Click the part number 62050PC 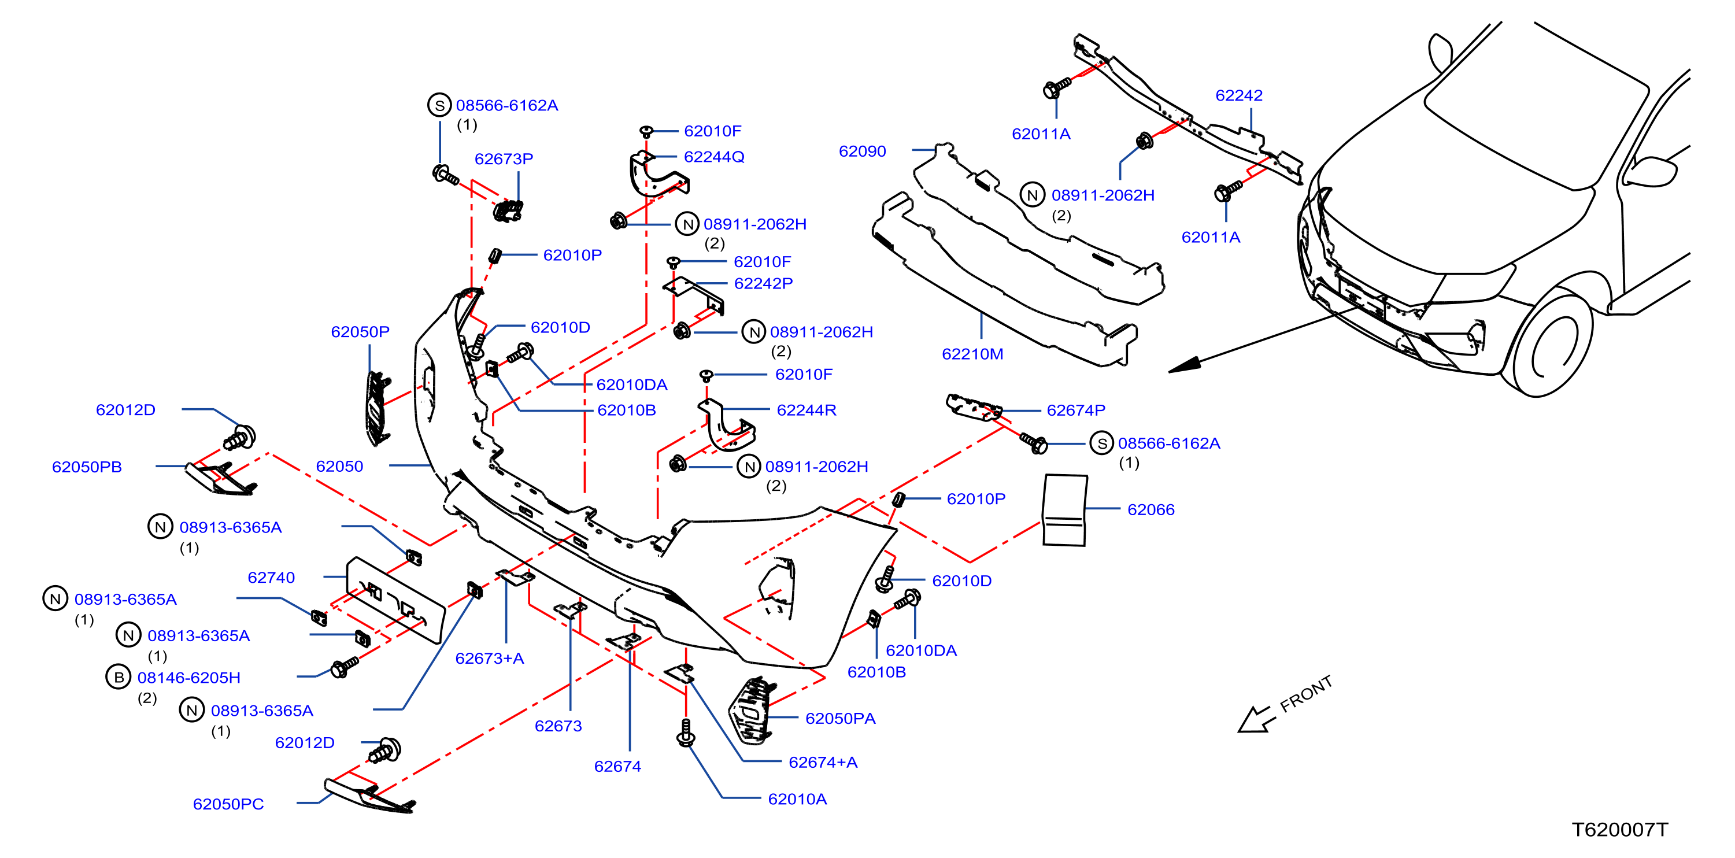coord(228,804)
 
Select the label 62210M coord(972,354)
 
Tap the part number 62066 coord(1150,510)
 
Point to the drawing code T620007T coord(1620,830)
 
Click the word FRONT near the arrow coord(1306,694)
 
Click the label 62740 coord(271,578)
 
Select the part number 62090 coord(862,151)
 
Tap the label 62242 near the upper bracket coord(1238,95)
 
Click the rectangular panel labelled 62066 coord(1064,510)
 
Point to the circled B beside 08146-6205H coord(119,677)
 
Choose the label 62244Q coord(714,157)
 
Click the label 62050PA coord(840,719)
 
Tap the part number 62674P coord(1075,410)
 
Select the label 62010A coord(797,800)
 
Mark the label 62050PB coord(87,467)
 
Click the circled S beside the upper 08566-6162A coord(440,105)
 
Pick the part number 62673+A coord(490,659)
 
